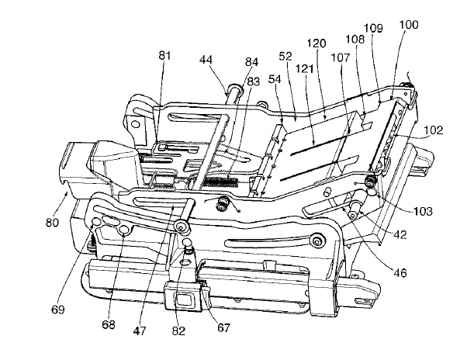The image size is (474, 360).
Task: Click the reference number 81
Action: point(164,56)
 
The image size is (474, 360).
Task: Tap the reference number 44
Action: point(206,60)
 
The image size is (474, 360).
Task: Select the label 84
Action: point(252,62)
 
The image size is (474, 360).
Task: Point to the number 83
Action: point(254,81)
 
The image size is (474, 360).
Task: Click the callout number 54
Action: point(275,79)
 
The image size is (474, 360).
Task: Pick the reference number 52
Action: point(285,56)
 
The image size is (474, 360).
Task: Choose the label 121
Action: point(304,69)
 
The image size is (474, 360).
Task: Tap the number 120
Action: point(317,43)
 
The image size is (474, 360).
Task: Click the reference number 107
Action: point(341,57)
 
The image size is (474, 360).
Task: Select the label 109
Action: point(373,28)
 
